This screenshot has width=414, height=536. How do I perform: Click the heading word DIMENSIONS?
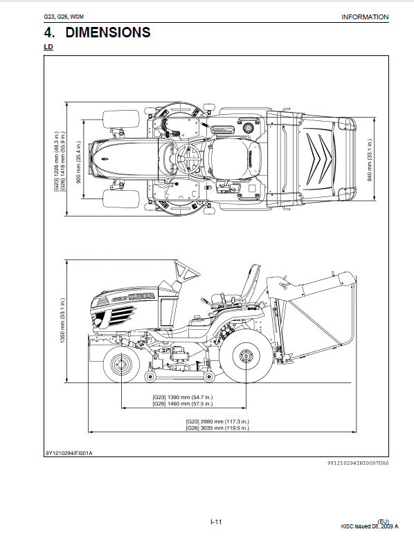[108, 33]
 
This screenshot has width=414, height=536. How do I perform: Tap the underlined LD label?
[48, 46]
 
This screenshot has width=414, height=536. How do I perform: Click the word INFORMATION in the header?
[365, 17]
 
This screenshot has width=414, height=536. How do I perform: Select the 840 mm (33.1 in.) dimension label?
[370, 160]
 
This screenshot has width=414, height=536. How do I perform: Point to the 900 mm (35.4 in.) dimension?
[78, 162]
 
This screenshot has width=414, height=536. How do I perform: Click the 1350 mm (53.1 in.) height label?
[62, 321]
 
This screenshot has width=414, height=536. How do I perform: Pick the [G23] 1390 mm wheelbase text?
[182, 397]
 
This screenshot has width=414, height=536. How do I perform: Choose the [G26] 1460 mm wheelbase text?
[182, 404]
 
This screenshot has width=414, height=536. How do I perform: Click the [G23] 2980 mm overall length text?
[217, 421]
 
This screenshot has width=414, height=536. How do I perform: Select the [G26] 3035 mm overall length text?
[217, 428]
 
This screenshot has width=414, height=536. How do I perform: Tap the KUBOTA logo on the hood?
[142, 297]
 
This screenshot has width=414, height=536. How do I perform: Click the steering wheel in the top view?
[188, 158]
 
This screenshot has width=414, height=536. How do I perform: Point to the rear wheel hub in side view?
[246, 356]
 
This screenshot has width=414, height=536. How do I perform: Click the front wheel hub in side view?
[121, 364]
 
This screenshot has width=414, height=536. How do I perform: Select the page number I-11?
[216, 521]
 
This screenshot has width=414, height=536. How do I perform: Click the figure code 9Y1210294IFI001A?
[69, 453]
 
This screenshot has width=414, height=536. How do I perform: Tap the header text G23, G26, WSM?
[64, 17]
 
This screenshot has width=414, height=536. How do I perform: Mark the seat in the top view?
[236, 159]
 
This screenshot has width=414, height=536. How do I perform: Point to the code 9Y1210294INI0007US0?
[358, 463]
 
